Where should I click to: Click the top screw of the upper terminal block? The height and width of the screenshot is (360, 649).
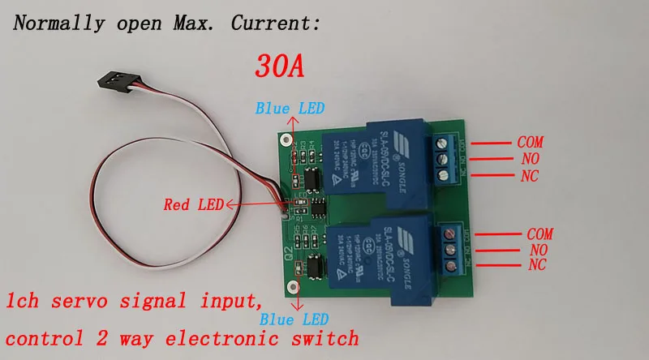click(x=442, y=144)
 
